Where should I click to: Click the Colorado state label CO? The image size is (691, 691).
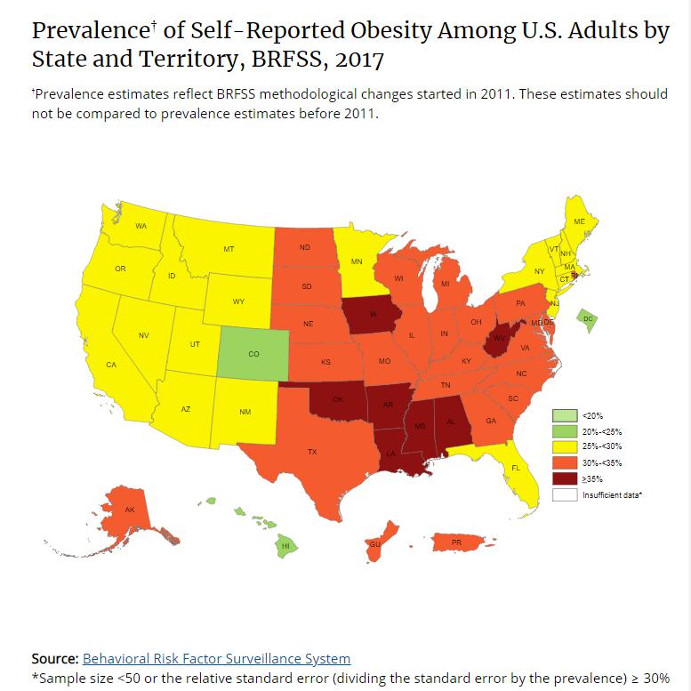pyautogui.click(x=253, y=354)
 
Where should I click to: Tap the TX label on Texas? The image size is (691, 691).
pyautogui.click(x=312, y=452)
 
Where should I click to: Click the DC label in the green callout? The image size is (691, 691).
pyautogui.click(x=587, y=318)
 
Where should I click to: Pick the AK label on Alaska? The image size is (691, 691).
pyautogui.click(x=130, y=510)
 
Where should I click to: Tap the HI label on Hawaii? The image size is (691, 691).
pyautogui.click(x=286, y=545)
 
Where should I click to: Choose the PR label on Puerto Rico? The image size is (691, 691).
pyautogui.click(x=456, y=542)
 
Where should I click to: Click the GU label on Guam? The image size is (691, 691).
pyautogui.click(x=374, y=544)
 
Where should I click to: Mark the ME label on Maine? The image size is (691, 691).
pyautogui.click(x=579, y=221)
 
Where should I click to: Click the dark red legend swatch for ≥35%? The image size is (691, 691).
pyautogui.click(x=564, y=478)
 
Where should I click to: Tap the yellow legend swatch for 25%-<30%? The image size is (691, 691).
pyautogui.click(x=564, y=446)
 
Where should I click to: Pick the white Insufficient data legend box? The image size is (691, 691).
pyautogui.click(x=564, y=494)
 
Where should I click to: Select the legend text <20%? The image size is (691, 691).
pyautogui.click(x=592, y=414)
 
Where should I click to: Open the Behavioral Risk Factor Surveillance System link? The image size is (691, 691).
pyautogui.click(x=216, y=659)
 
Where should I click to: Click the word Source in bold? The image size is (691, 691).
pyautogui.click(x=53, y=659)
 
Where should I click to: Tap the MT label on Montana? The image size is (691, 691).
pyautogui.click(x=229, y=250)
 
